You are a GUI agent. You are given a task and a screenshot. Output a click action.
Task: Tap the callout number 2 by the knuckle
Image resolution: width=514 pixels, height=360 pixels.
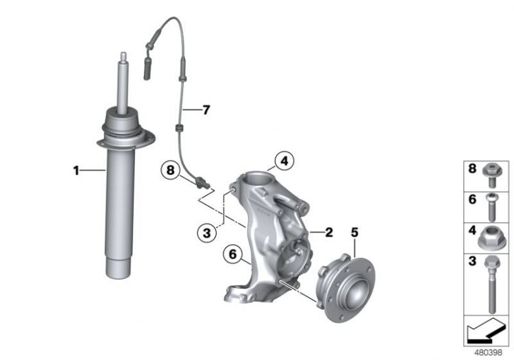point(328,232)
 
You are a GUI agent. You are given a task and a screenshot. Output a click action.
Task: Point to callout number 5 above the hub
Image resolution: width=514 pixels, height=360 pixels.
point(354,232)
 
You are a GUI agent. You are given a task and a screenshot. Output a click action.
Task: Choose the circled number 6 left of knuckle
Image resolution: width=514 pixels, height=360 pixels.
point(232,255)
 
